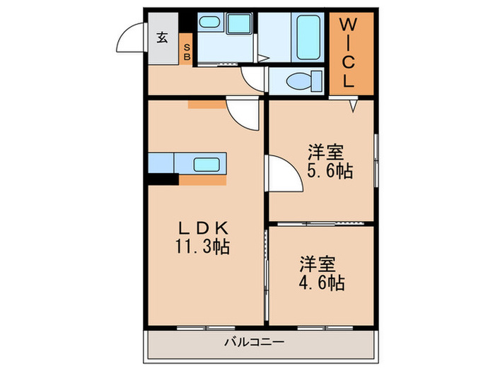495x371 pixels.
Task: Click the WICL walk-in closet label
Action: click(349, 53)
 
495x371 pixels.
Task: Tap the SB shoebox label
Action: click(187, 52)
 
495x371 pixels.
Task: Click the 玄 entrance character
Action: click(162, 38)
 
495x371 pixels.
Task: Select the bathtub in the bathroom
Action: click(308, 37)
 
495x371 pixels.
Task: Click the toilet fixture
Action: click(304, 81)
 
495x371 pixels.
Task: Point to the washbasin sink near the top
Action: click(209, 23)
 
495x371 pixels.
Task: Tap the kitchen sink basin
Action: click(206, 165)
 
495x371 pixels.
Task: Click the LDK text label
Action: click(204, 228)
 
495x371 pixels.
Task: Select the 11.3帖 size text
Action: click(202, 247)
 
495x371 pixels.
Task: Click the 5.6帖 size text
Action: click(330, 171)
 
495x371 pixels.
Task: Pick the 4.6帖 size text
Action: click(322, 283)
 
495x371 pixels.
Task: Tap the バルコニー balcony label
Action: click(255, 342)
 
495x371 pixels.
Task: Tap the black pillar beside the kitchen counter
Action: click(163, 179)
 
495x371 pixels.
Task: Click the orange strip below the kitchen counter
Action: click(203, 180)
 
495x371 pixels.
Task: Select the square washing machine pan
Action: click(238, 23)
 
